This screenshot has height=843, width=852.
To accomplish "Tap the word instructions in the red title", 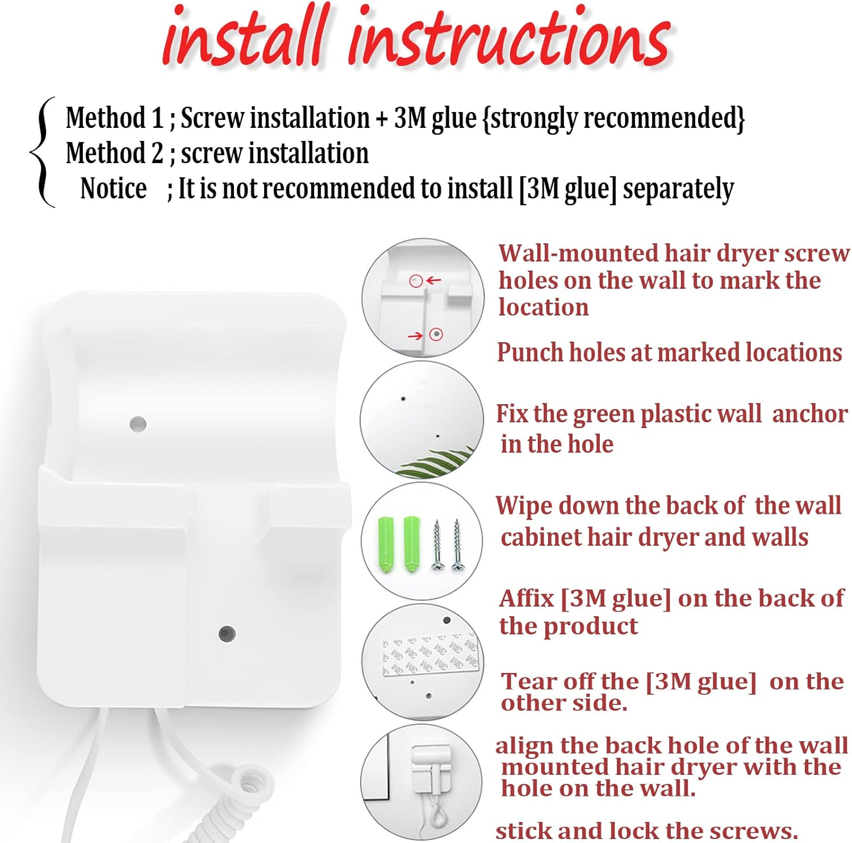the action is click(x=510, y=37).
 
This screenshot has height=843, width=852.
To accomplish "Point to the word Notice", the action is click(x=114, y=188).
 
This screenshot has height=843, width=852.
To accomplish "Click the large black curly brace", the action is click(x=43, y=152).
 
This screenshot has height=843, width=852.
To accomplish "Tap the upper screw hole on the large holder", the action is click(x=138, y=423).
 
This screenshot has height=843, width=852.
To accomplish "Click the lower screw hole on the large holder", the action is click(x=227, y=633).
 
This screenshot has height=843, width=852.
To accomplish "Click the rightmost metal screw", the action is click(x=457, y=545).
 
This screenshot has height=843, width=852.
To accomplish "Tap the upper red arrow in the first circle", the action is click(x=433, y=280).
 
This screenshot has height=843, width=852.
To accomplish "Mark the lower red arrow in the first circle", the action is click(x=416, y=336).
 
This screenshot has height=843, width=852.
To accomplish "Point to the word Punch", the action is click(x=530, y=352).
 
